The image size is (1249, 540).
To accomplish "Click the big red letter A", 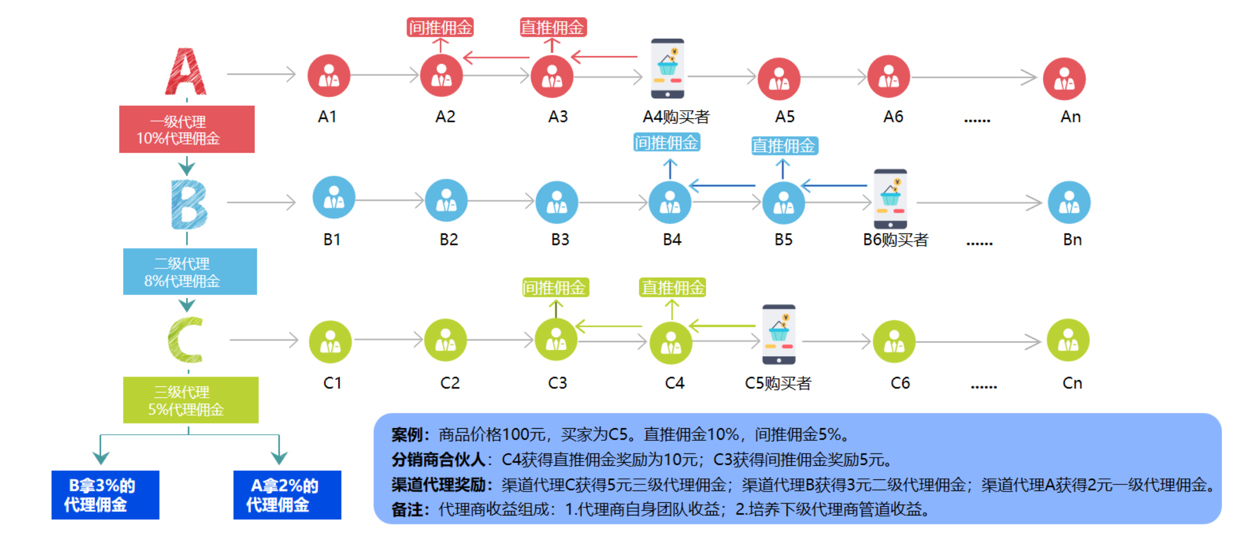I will tap(186, 72).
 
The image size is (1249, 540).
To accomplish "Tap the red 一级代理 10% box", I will tap(186, 129).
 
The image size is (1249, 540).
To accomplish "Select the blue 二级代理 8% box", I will tap(190, 272).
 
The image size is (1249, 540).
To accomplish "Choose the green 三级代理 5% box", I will tap(190, 400).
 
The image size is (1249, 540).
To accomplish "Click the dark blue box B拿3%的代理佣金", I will tap(105, 495).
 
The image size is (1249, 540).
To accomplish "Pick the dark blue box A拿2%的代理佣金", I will tap(287, 495).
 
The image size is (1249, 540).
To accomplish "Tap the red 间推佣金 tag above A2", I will tap(440, 27).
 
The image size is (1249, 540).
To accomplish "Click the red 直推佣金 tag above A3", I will tap(553, 27).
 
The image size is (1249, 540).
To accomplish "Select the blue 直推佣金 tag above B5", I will tap(784, 146).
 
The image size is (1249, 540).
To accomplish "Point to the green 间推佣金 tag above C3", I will tap(555, 287).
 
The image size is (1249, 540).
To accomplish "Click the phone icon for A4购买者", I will tap(668, 68).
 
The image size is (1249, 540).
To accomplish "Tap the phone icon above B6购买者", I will tap(890, 199).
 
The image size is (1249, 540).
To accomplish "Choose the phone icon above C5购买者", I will tap(779, 334).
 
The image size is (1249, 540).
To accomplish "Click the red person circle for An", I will tap(1064, 79).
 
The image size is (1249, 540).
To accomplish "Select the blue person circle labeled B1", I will tap(334, 197).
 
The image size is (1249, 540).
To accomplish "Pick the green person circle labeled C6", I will tap(894, 341).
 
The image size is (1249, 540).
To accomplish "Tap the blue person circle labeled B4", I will tap(670, 202).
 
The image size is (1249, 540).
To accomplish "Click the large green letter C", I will tap(186, 340).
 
